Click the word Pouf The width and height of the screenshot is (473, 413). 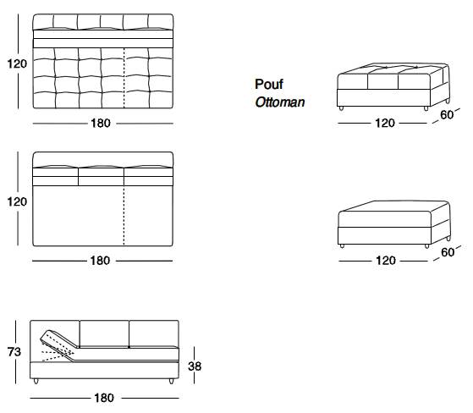click(x=269, y=84)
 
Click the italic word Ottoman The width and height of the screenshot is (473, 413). click(x=280, y=102)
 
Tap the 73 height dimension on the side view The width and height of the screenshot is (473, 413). click(x=14, y=352)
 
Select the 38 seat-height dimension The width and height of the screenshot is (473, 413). click(x=195, y=366)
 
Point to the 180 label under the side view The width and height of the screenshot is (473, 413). click(x=104, y=398)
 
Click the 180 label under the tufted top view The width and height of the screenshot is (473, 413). click(x=101, y=123)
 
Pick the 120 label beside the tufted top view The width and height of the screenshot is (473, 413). click(x=17, y=63)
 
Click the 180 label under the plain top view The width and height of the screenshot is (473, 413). click(x=100, y=261)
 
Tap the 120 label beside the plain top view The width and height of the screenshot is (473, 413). click(x=17, y=201)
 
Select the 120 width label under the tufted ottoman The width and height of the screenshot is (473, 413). click(x=385, y=123)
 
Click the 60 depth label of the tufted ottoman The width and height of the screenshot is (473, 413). click(x=447, y=114)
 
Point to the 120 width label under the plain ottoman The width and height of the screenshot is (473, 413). click(x=386, y=261)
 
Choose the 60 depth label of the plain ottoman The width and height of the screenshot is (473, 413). click(x=448, y=252)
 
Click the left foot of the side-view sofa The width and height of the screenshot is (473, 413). click(x=36, y=381)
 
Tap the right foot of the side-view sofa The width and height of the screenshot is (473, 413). click(x=171, y=381)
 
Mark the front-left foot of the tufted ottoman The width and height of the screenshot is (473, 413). click(x=341, y=108)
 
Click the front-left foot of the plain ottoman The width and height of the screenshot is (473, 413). click(x=342, y=246)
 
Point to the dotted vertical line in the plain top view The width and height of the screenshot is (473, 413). click(x=124, y=215)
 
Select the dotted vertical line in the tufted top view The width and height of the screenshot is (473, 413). click(x=124, y=78)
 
